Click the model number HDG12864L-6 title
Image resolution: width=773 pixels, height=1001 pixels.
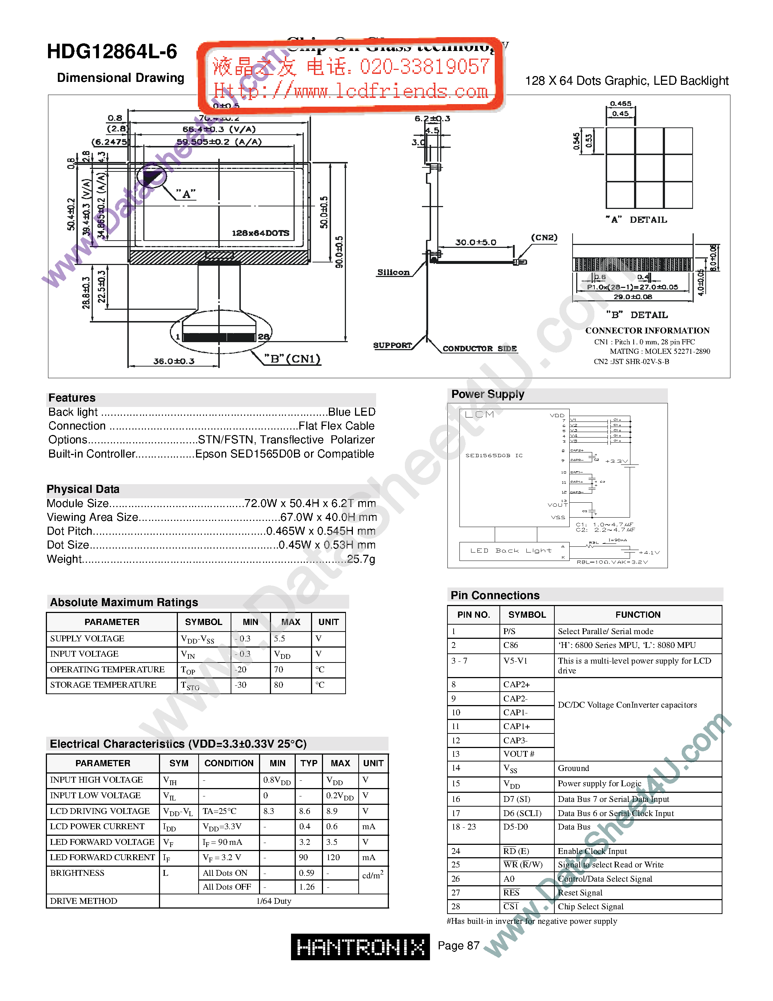click(112, 52)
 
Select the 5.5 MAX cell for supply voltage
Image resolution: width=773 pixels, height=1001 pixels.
click(279, 638)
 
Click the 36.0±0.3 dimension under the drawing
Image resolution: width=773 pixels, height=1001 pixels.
click(174, 361)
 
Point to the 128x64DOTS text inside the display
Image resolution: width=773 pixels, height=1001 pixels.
click(260, 233)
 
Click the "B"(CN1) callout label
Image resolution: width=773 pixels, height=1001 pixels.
click(292, 359)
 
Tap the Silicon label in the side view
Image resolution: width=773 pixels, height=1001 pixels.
click(393, 272)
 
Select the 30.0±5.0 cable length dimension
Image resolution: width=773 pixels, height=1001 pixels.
click(475, 242)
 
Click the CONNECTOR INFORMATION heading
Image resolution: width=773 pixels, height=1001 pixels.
click(647, 331)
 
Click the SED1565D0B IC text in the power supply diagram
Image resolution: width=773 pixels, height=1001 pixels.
click(494, 456)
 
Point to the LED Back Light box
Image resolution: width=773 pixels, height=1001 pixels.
click(511, 551)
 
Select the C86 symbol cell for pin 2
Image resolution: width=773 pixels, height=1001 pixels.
click(511, 645)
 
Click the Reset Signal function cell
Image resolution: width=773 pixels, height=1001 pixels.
click(580, 893)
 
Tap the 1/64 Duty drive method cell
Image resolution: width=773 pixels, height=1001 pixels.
click(274, 901)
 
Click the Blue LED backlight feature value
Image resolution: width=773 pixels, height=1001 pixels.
click(351, 412)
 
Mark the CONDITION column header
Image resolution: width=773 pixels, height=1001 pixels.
click(228, 763)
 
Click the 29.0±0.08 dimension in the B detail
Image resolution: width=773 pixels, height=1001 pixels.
click(633, 297)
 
